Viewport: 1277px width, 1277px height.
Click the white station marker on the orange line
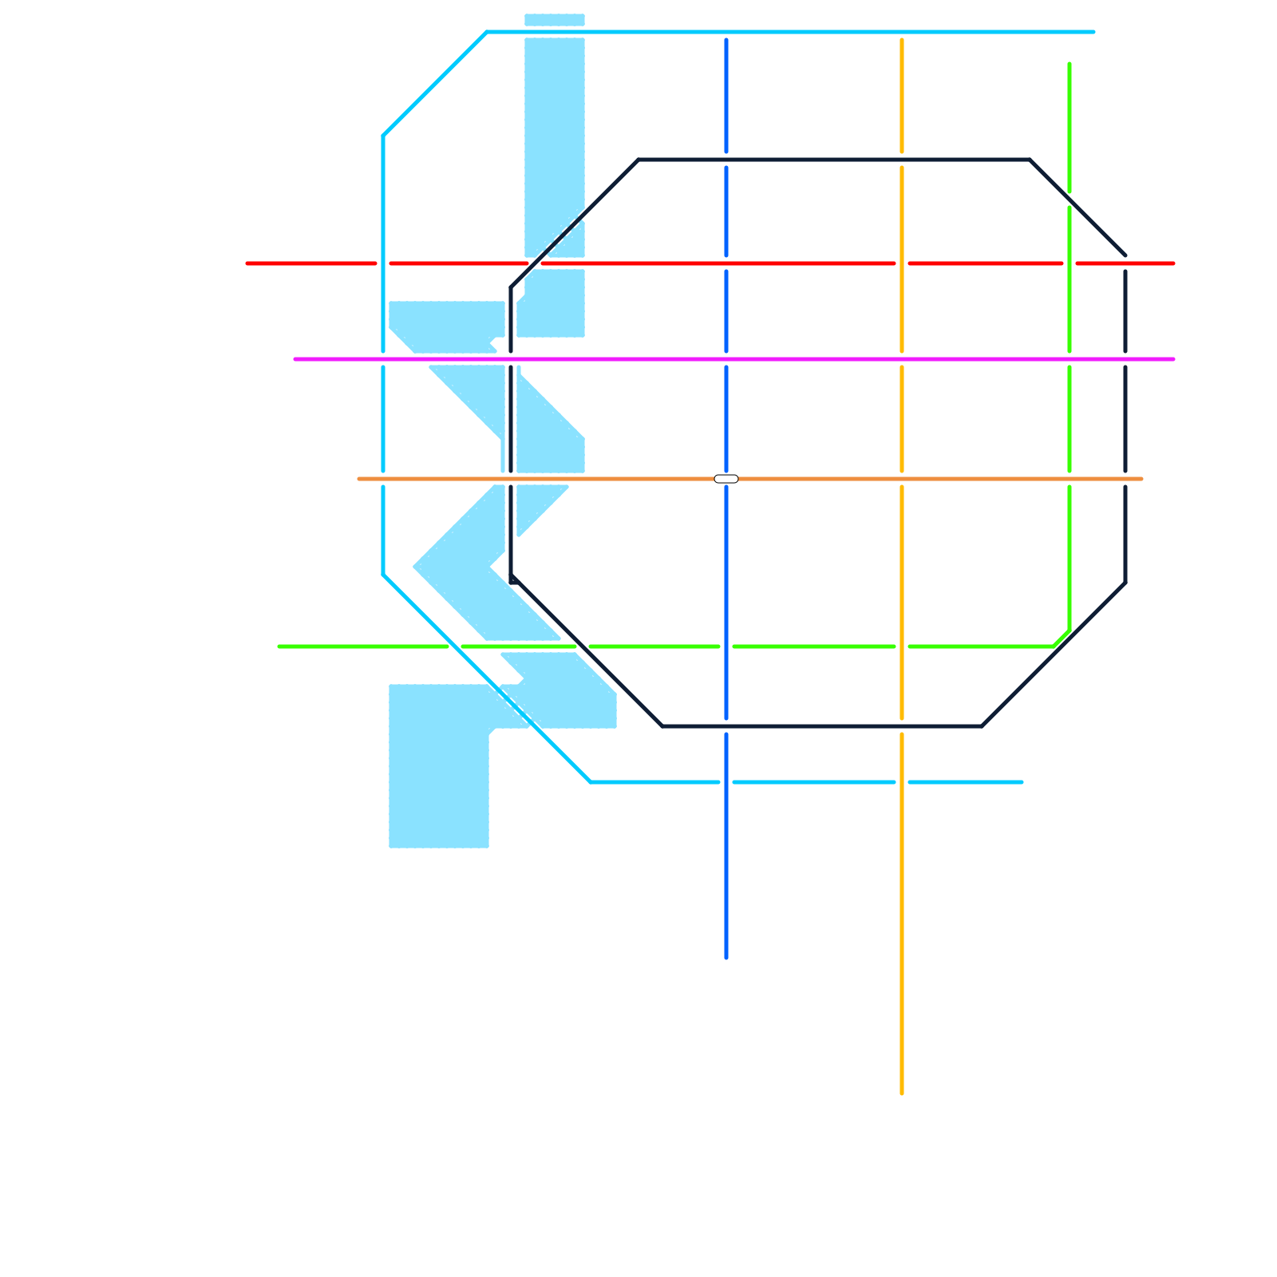tap(726, 479)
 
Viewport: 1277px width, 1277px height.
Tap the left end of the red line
tap(247, 263)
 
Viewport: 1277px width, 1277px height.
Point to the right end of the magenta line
tap(1173, 359)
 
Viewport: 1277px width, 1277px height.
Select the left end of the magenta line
tap(295, 359)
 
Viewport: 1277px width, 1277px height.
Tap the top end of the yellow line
tap(902, 39)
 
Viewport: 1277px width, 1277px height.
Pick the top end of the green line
tap(1069, 64)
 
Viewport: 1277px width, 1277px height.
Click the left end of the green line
tap(279, 646)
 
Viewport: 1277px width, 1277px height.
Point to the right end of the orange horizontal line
tap(1141, 479)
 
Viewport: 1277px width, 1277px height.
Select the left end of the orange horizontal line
tap(359, 479)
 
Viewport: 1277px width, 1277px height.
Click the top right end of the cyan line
tap(1093, 32)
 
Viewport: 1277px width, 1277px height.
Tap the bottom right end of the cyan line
tap(1022, 782)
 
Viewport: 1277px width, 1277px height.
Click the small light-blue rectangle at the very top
tap(555, 20)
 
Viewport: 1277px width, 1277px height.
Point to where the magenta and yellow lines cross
tap(902, 359)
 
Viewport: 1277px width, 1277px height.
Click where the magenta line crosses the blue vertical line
tap(726, 359)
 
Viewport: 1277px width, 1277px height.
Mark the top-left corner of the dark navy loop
tap(638, 160)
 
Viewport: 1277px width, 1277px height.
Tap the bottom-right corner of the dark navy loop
tap(982, 726)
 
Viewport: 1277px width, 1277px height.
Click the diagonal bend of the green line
tap(1062, 638)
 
